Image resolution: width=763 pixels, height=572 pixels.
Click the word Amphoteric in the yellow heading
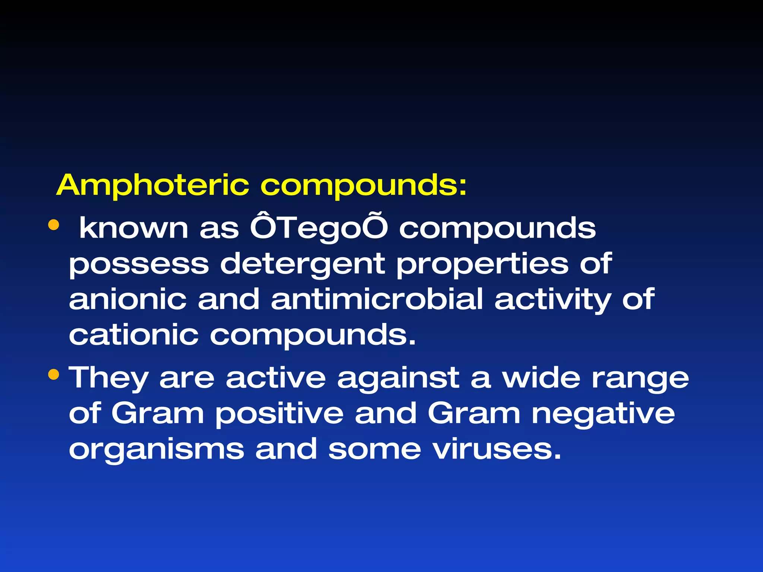152,185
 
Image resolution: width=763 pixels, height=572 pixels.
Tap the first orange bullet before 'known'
54,225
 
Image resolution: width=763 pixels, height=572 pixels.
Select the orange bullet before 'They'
54,374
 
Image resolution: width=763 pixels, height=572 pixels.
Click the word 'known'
134,228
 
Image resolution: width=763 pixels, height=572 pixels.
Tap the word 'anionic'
127,299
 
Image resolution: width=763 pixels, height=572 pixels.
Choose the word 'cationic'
133,335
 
